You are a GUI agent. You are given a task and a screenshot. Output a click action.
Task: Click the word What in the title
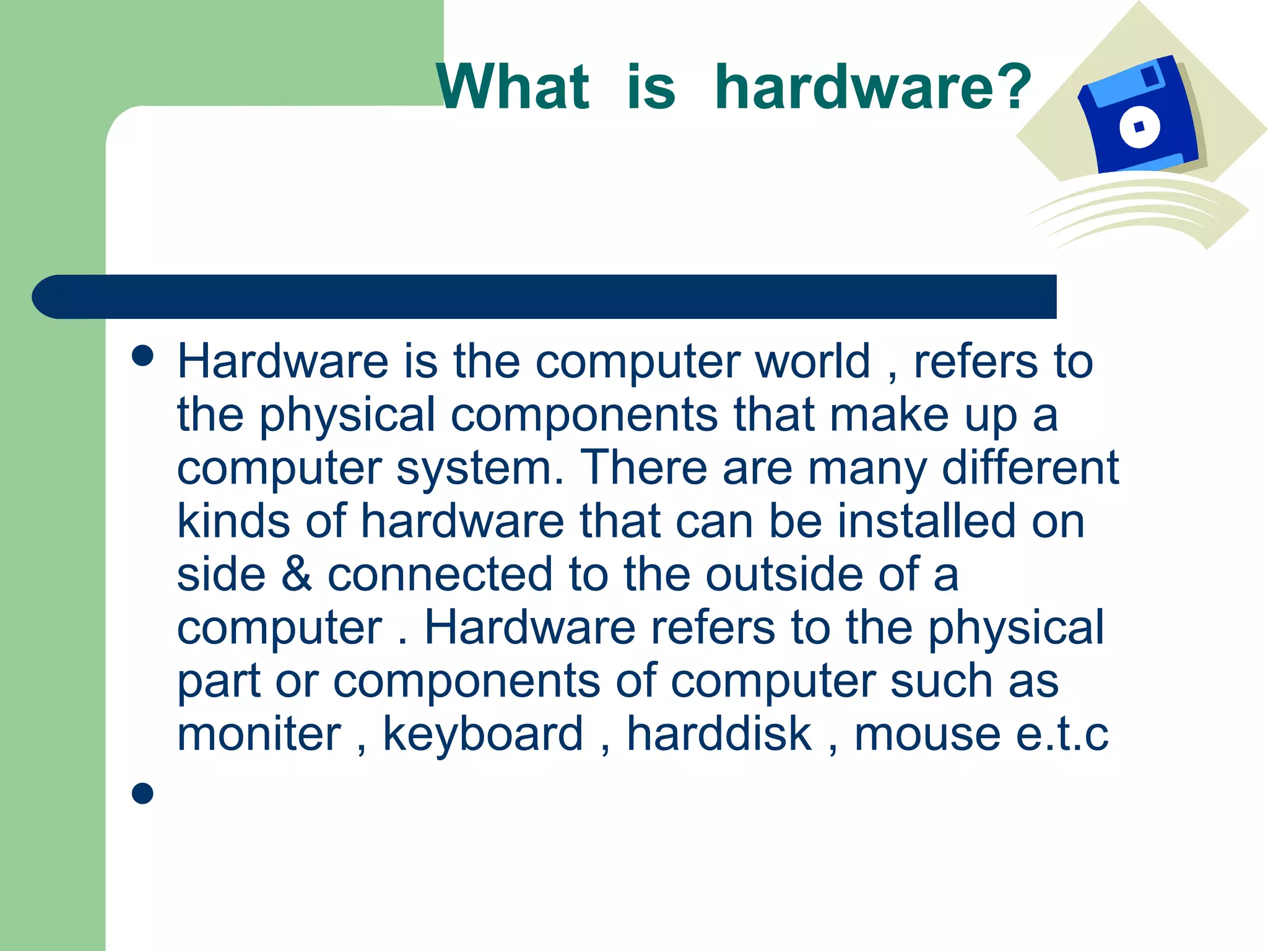513,87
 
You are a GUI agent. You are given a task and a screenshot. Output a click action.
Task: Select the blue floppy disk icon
1139,118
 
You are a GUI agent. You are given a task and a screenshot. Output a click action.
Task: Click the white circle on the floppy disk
1139,127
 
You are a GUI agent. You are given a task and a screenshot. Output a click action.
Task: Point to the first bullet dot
142,356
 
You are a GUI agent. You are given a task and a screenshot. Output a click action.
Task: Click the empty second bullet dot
142,793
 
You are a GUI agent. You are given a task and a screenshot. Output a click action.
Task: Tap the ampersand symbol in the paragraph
297,574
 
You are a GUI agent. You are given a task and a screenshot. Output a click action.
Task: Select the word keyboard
483,735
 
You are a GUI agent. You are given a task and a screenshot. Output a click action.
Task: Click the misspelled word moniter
259,734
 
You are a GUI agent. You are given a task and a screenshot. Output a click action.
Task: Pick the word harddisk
719,734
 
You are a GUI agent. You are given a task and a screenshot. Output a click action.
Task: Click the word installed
926,521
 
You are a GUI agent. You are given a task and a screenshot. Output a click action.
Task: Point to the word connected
440,574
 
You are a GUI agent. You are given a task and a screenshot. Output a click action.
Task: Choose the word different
1030,467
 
